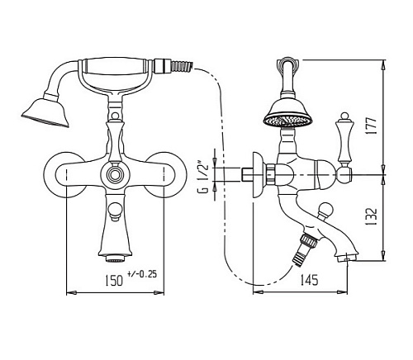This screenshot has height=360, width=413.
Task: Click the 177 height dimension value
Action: [371, 126]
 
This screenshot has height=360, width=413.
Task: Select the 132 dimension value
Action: [371, 216]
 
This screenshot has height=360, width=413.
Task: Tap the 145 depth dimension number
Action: [309, 280]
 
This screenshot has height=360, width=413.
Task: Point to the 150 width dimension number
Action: [113, 281]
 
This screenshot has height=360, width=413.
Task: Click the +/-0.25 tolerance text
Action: [142, 274]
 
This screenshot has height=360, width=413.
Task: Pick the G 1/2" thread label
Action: [204, 178]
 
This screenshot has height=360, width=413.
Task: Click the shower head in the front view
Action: [45, 113]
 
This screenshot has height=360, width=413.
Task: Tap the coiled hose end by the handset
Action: [182, 66]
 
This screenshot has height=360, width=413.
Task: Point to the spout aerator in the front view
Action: [116, 258]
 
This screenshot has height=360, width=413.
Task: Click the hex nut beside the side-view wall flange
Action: [271, 175]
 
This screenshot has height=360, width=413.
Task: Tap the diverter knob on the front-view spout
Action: [116, 211]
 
